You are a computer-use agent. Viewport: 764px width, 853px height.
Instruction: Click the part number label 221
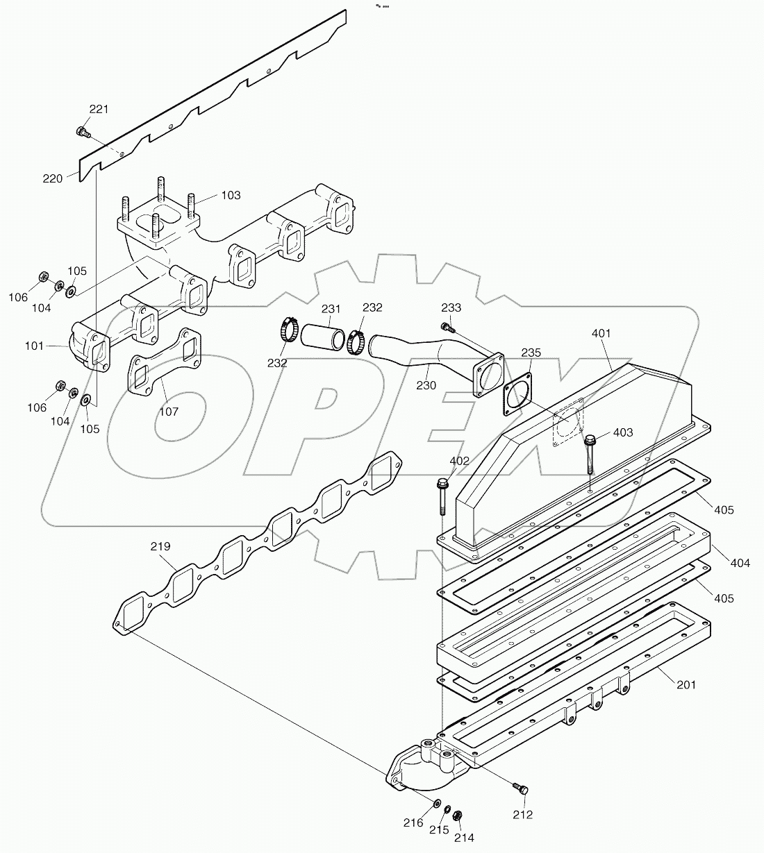[x=99, y=109]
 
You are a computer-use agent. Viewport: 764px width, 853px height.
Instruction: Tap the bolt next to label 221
[x=82, y=130]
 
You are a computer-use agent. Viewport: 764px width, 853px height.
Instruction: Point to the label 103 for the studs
[x=231, y=195]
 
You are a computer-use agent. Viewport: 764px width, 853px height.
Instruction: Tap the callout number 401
[x=601, y=333]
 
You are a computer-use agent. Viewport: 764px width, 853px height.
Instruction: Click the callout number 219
[x=160, y=546]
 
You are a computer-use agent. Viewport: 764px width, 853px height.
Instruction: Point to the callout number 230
[x=426, y=385]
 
